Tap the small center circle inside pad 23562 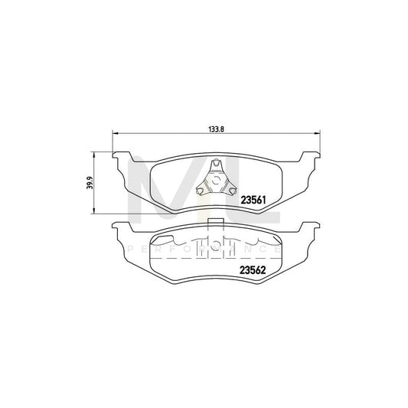[216, 247]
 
